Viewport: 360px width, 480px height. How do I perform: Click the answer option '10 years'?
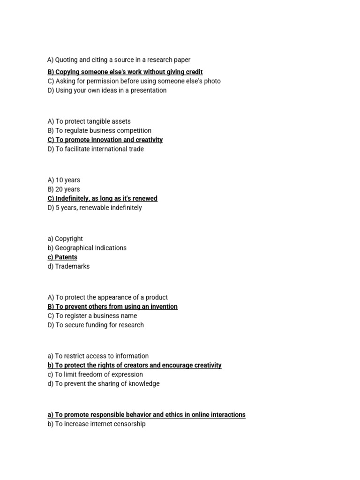tap(64, 180)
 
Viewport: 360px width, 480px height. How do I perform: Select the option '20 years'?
tap(64, 189)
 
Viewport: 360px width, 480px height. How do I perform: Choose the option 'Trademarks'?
tap(68, 266)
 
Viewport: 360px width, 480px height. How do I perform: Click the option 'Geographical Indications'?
tap(87, 248)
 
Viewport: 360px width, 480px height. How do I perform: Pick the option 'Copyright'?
tap(66, 239)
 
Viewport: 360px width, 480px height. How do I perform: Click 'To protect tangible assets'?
tap(89, 121)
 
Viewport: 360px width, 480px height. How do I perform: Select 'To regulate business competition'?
tap(99, 131)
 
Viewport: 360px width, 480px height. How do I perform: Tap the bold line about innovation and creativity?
tap(105, 140)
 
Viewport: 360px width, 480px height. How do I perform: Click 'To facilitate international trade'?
tap(96, 149)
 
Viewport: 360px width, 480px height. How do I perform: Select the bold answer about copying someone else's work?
tap(125, 72)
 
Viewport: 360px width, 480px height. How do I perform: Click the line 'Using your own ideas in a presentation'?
tap(107, 90)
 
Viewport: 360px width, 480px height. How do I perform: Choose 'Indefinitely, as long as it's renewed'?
tap(102, 198)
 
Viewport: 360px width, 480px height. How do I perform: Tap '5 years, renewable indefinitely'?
tap(95, 208)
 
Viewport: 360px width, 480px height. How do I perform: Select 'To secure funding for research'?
tap(96, 325)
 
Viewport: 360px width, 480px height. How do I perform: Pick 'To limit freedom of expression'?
tap(95, 375)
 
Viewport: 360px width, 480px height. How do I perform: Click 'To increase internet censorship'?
tap(97, 424)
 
